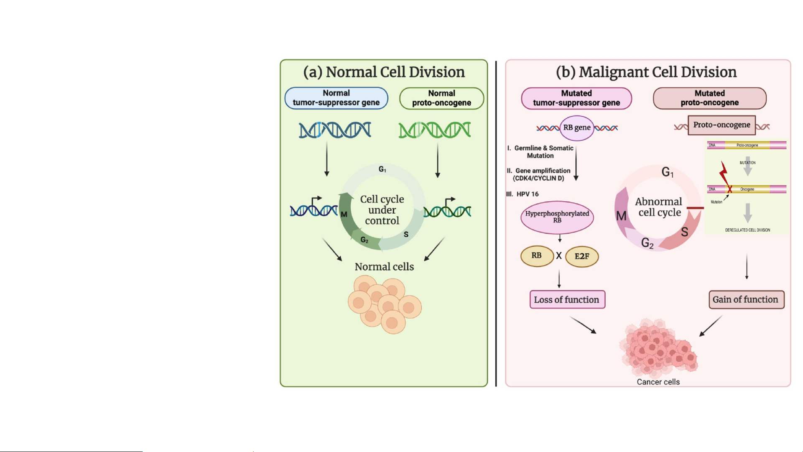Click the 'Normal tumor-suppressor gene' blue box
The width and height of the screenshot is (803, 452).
[336, 98]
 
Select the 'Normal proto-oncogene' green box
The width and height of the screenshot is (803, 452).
[441, 98]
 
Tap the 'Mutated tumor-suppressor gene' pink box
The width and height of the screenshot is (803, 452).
[576, 98]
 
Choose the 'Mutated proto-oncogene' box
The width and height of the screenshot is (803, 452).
[709, 98]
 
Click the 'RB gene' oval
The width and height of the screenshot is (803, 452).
[577, 128]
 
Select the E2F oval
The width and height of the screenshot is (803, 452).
[581, 256]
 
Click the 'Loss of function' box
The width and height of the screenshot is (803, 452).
[567, 299]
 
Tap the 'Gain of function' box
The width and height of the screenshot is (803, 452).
[746, 299]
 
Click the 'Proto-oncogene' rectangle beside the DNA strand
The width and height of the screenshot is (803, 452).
[721, 125]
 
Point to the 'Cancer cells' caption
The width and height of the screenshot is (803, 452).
[658, 382]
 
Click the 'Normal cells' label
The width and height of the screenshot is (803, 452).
[384, 267]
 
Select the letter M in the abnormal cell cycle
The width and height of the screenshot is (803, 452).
[621, 216]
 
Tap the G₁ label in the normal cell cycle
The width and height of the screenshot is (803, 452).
[382, 169]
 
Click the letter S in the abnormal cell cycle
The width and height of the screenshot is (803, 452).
[684, 232]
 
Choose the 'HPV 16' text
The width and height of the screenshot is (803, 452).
[527, 194]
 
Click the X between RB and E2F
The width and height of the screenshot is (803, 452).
[558, 255]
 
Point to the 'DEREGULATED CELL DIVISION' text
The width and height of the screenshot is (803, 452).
[747, 230]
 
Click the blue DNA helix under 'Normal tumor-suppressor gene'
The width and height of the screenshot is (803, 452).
[334, 130]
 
